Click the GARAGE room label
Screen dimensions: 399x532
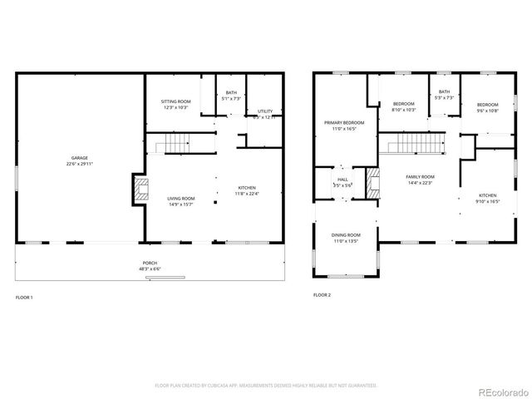80,157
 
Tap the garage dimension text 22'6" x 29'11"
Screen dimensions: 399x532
80,164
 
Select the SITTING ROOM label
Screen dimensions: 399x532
175,101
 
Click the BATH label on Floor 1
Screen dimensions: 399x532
230,92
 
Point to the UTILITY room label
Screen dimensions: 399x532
265,111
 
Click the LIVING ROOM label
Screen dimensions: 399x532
181,198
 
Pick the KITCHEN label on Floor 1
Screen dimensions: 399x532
247,188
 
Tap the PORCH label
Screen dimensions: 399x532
150,263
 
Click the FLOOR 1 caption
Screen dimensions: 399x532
25,296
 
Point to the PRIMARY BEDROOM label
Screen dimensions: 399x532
344,123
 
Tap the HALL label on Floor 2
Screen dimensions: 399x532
342,180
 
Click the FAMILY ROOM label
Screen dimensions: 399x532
420,177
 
